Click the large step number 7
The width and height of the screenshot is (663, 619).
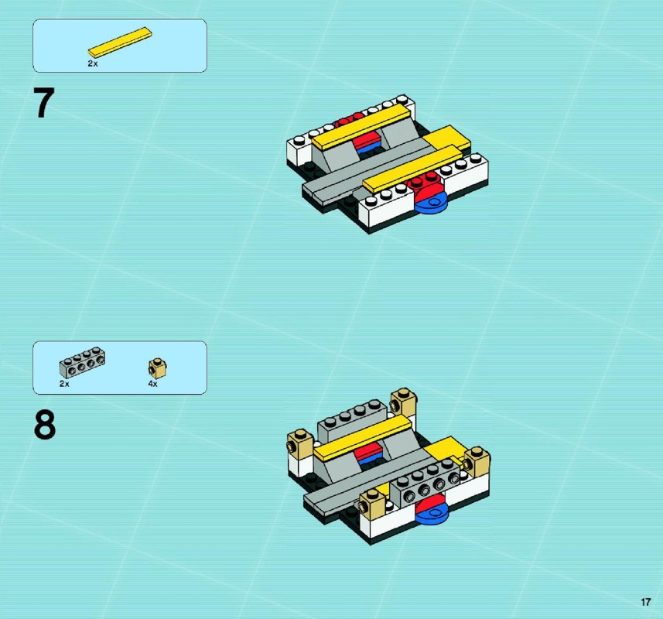pyautogui.click(x=44, y=102)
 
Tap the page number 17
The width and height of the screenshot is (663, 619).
pyautogui.click(x=646, y=602)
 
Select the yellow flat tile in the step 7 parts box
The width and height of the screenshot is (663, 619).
pyautogui.click(x=120, y=42)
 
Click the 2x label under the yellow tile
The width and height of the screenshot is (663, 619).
pyautogui.click(x=93, y=63)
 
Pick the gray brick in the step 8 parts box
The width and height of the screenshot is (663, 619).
pyautogui.click(x=82, y=362)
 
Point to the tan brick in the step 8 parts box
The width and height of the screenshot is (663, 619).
pyautogui.click(x=157, y=368)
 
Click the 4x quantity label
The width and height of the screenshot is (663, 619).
pyautogui.click(x=152, y=384)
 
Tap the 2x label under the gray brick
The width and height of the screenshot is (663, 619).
pyautogui.click(x=64, y=384)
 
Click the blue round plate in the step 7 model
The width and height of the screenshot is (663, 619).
pyautogui.click(x=431, y=203)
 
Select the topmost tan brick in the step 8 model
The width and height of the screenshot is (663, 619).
pyautogui.click(x=403, y=402)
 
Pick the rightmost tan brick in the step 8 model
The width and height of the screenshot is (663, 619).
pyautogui.click(x=477, y=462)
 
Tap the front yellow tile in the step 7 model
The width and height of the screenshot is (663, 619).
pyautogui.click(x=412, y=169)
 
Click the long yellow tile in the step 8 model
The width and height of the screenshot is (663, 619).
pyautogui.click(x=362, y=438)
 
